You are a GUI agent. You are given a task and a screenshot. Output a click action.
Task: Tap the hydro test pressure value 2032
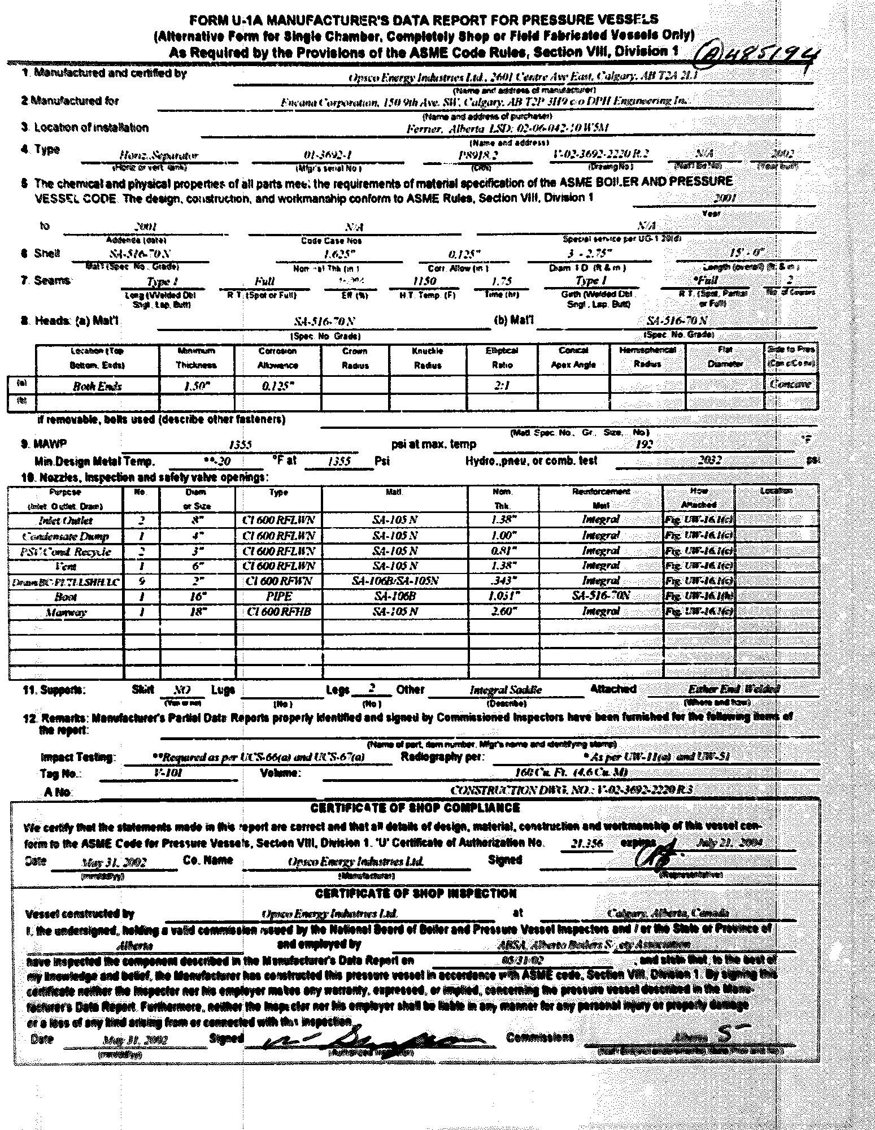click(709, 460)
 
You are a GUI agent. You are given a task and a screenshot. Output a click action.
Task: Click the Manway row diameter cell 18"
click(197, 611)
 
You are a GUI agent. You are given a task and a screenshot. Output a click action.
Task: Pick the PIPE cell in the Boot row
click(278, 596)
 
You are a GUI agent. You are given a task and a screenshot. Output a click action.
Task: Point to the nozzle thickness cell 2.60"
click(502, 611)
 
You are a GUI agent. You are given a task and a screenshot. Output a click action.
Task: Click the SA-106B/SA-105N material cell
click(394, 581)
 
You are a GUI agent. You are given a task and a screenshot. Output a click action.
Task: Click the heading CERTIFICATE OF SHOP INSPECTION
click(416, 893)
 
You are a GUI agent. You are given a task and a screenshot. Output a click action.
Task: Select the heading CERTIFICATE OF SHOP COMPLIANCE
click(415, 808)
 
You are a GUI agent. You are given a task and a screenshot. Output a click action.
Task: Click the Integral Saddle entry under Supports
click(506, 690)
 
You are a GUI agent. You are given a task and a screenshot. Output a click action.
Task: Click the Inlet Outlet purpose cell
click(66, 520)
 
